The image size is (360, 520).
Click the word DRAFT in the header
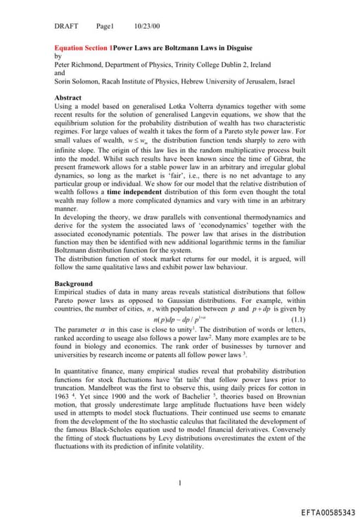point(66,26)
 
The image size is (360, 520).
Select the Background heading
point(73,284)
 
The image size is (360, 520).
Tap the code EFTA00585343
point(323,512)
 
